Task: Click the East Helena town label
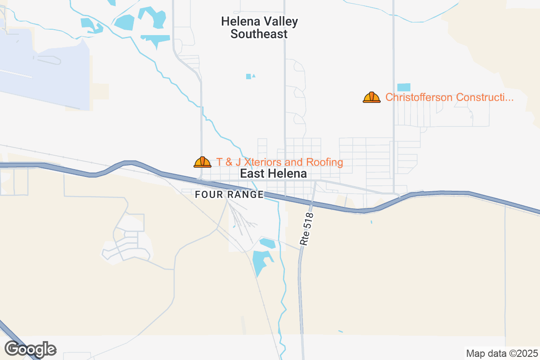point(273,174)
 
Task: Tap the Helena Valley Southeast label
point(259,27)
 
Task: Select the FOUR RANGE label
point(229,194)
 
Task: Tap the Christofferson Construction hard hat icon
point(372,97)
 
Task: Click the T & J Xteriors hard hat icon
point(202,162)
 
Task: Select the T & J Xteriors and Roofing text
point(279,162)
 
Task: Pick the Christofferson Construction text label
point(449,97)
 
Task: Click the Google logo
point(30,349)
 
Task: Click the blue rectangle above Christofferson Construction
point(404,87)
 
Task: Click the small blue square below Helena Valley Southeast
point(248,76)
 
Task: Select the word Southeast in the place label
point(259,34)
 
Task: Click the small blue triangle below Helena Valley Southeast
point(254,76)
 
